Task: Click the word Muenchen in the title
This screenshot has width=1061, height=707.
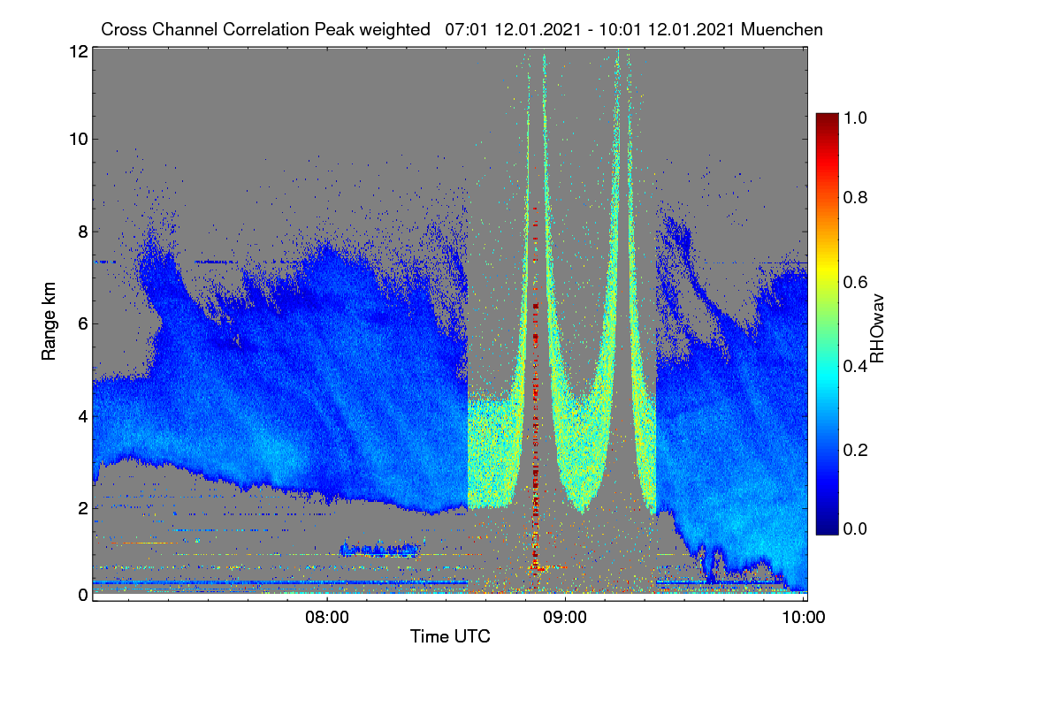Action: [x=782, y=30]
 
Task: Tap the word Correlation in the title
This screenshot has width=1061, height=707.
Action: [x=266, y=30]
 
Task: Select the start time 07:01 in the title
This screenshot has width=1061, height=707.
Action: [x=467, y=30]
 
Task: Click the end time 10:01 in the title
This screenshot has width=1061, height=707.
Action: [x=621, y=30]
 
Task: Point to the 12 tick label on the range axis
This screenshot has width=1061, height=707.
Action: [x=79, y=51]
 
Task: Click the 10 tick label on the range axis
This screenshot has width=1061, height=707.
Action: [x=79, y=140]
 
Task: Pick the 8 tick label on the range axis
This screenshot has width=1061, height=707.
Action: [x=83, y=232]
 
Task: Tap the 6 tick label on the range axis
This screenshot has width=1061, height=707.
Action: [x=83, y=324]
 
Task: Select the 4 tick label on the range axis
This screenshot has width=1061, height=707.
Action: [x=83, y=417]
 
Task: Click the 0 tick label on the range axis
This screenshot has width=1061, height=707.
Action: [x=83, y=595]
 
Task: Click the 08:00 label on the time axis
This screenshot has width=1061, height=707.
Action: [x=327, y=618]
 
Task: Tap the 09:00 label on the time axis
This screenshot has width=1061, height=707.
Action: [x=565, y=618]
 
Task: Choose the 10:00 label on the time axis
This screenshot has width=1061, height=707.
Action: [x=804, y=618]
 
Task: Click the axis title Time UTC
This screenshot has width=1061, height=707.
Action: [x=450, y=636]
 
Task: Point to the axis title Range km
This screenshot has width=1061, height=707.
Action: [x=49, y=321]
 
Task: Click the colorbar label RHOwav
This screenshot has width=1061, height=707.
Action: [x=877, y=329]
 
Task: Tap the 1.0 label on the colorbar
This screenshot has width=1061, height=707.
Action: [x=856, y=118]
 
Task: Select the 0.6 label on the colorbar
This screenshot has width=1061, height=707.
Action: [x=856, y=282]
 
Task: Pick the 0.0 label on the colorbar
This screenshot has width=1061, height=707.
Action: [x=856, y=528]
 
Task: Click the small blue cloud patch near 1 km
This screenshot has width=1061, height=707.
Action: [x=380, y=549]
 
